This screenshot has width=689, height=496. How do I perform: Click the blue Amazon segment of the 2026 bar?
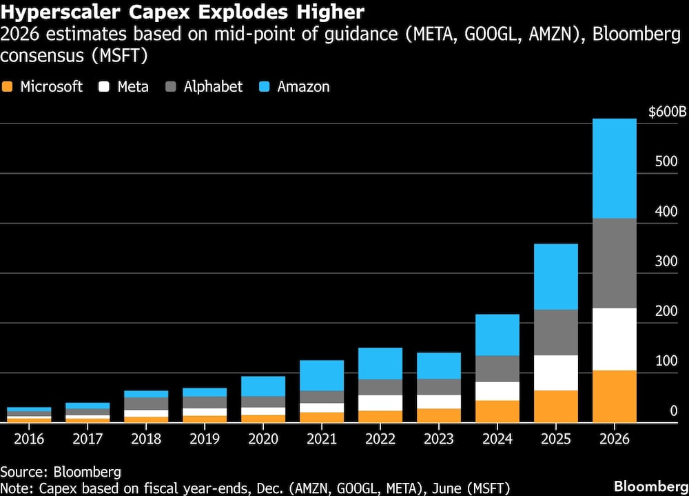coord(614,169)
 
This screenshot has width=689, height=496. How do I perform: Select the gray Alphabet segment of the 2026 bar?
coord(614,263)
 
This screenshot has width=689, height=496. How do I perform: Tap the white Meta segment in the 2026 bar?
coord(614,339)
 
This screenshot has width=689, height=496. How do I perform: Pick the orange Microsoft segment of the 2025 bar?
coord(555,406)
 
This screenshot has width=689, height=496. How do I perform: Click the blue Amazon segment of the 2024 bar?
coord(497,335)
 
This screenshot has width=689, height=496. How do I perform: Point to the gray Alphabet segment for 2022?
coord(380,387)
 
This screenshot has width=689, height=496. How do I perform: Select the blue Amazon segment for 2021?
coord(321,375)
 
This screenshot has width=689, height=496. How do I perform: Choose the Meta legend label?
coord(133,87)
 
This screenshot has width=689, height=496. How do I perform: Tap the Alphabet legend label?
coord(213,87)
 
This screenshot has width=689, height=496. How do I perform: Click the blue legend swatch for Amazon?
coord(265,87)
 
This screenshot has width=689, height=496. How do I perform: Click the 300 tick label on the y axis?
coord(666,261)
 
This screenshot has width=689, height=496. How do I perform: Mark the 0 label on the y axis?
coord(674,411)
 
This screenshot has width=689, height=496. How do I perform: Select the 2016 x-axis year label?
coord(28,439)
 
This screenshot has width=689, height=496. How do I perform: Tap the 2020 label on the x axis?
coord(263,439)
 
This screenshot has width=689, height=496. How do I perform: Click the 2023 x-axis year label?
coord(438,439)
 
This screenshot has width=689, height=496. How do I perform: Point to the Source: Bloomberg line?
coord(61,472)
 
